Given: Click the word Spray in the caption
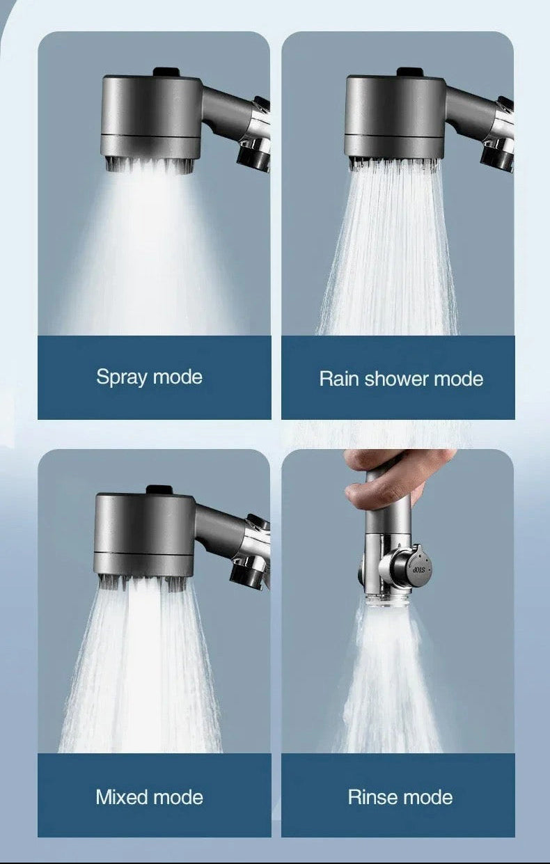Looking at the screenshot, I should tap(122, 378).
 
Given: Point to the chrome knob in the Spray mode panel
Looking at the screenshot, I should tap(254, 153).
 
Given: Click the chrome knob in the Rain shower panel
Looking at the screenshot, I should tap(498, 153).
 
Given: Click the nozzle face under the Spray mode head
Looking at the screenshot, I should tap(149, 164).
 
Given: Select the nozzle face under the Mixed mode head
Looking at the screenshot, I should tap(143, 583).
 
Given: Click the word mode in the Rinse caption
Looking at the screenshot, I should tap(430, 796).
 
